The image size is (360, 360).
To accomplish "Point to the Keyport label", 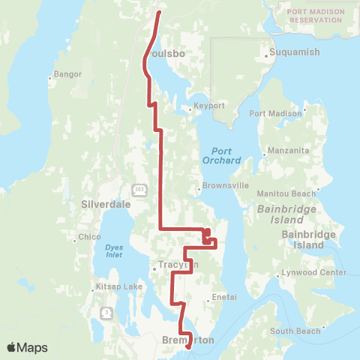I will click(209, 106).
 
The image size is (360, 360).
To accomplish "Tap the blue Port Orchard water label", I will click(221, 155).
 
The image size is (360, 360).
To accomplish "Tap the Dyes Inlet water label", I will click(114, 250).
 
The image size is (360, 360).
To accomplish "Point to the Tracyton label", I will click(178, 265).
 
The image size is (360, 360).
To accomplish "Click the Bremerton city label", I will click(188, 340).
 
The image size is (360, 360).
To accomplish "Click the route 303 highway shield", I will click(140, 188).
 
